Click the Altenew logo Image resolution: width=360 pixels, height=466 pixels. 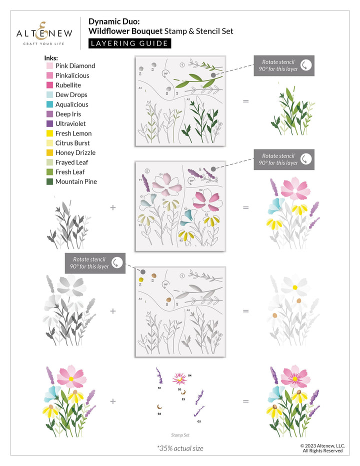(44, 33)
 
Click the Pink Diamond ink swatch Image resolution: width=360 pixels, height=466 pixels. (50, 66)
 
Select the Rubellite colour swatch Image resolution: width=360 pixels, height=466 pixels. (50, 85)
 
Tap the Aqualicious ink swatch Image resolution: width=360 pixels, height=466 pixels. (50, 104)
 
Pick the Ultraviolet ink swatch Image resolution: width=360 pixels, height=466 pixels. (50, 123)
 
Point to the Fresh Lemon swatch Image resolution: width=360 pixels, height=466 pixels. (50, 133)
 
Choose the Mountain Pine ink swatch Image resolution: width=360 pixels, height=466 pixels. (50, 181)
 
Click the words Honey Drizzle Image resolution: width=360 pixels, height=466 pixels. (75, 153)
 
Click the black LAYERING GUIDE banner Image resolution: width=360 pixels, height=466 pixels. (129, 43)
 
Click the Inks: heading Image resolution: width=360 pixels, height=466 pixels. (51, 57)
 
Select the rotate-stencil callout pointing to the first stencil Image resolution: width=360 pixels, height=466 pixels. (284, 65)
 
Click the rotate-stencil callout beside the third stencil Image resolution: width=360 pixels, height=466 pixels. (95, 263)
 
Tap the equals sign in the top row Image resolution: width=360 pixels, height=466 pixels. (245, 101)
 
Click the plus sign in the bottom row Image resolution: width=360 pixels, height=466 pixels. (113, 401)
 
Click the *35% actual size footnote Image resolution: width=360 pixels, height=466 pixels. (180, 448)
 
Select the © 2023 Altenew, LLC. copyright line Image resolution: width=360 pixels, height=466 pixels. (322, 445)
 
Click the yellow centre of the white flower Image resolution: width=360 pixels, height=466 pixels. (295, 287)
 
